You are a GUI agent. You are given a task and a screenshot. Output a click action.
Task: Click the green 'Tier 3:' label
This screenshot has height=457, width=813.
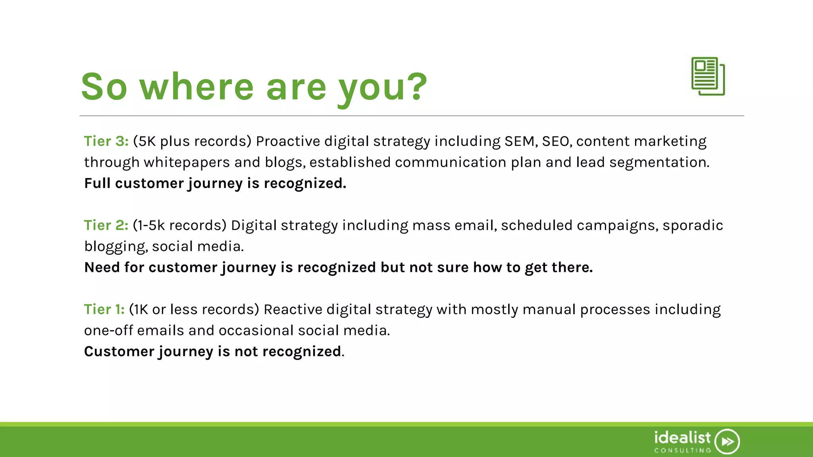coord(106,141)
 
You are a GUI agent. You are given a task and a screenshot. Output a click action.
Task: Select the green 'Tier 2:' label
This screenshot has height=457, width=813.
coord(106,225)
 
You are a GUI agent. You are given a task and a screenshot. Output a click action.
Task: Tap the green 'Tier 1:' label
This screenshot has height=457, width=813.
coord(104,309)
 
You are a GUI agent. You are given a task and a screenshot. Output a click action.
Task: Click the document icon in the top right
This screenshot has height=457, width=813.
coord(708,76)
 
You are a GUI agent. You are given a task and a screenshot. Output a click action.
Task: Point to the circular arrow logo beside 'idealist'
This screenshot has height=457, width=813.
coord(727,441)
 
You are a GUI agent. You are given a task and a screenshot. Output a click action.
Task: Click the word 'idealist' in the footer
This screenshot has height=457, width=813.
coord(682,438)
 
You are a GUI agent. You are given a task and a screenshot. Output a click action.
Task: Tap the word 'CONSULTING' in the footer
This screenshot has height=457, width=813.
coord(682,450)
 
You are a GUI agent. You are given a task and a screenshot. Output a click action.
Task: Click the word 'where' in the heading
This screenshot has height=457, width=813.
coord(197,87)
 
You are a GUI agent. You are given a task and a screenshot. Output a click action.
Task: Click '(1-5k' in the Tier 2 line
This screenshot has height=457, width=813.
coord(148,225)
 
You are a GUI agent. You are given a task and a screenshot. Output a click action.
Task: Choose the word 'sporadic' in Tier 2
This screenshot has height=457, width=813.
coord(692,225)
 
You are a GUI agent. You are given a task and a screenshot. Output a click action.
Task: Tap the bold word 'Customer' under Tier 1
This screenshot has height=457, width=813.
coord(119,351)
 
